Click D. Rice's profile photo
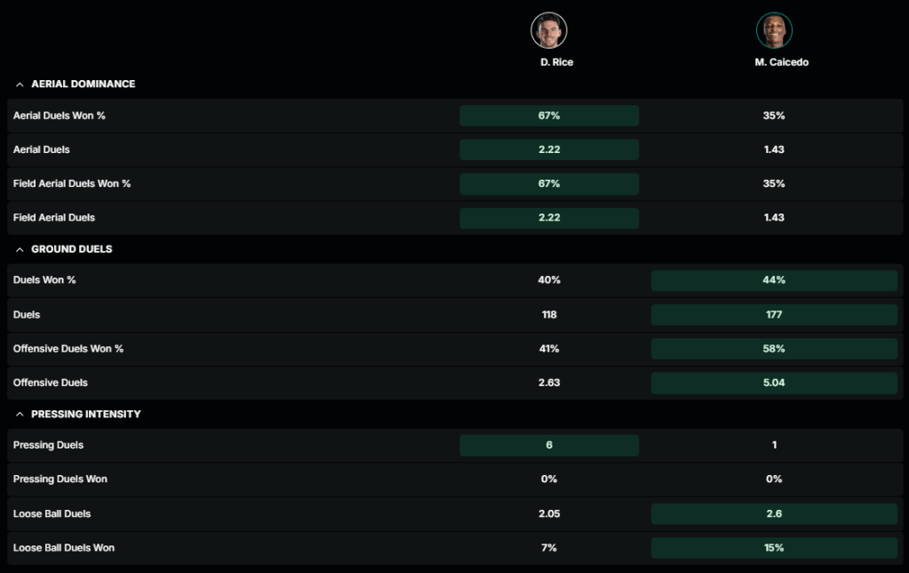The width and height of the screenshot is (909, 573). [549, 30]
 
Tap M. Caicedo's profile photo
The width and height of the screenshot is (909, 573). [774, 30]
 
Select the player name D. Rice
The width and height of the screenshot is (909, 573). [556, 62]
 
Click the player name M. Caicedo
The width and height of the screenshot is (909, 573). [774, 62]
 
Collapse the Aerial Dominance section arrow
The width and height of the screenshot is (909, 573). [20, 85]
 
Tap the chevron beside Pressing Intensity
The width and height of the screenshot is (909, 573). [20, 415]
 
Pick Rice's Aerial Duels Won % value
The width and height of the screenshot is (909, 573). [549, 116]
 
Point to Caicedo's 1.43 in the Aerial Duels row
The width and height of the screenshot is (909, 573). [774, 149]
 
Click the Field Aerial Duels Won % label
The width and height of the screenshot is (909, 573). [72, 183]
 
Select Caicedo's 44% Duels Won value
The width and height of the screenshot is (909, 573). [774, 280]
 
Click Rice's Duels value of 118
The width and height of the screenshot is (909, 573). [549, 314]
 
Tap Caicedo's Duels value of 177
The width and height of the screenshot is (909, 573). [774, 314]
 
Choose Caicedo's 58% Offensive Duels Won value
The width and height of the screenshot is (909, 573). [774, 349]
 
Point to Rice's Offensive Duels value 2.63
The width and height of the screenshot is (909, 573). [549, 383]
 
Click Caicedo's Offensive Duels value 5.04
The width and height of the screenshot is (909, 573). [774, 383]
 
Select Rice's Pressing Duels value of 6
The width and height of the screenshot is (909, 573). [549, 445]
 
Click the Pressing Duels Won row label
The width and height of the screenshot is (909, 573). [60, 480]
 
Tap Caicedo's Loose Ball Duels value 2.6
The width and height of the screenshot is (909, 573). [774, 513]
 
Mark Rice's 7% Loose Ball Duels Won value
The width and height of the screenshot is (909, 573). [549, 547]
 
